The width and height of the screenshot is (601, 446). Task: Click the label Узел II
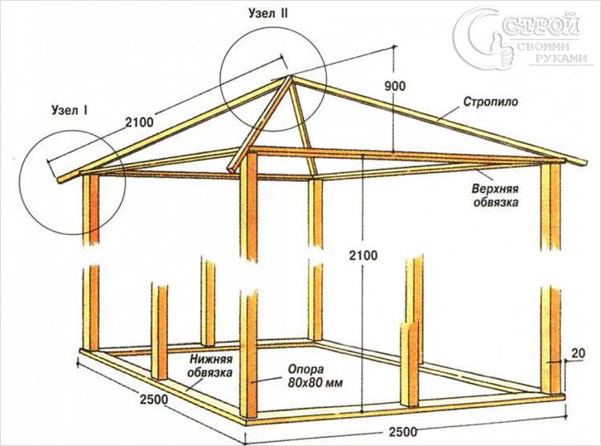pos(268,14)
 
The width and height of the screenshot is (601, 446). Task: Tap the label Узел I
pos(70,111)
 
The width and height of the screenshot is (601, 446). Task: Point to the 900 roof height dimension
pos(394,86)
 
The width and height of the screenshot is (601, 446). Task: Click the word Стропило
pos(491,102)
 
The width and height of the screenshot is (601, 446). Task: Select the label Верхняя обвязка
pos(496,195)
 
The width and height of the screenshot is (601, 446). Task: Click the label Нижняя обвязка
pos(212,366)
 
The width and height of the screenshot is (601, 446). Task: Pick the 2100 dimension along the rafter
pos(140,122)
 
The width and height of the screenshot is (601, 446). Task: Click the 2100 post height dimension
pos(363,255)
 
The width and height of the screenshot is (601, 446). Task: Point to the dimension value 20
pos(579,352)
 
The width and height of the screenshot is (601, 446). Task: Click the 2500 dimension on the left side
pos(154,400)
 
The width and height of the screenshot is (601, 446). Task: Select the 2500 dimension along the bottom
pos(403,432)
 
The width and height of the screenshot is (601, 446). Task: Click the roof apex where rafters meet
pos(290,77)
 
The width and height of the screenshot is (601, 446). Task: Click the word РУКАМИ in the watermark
pos(562,58)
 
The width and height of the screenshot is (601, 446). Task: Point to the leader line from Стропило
pos(448,114)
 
